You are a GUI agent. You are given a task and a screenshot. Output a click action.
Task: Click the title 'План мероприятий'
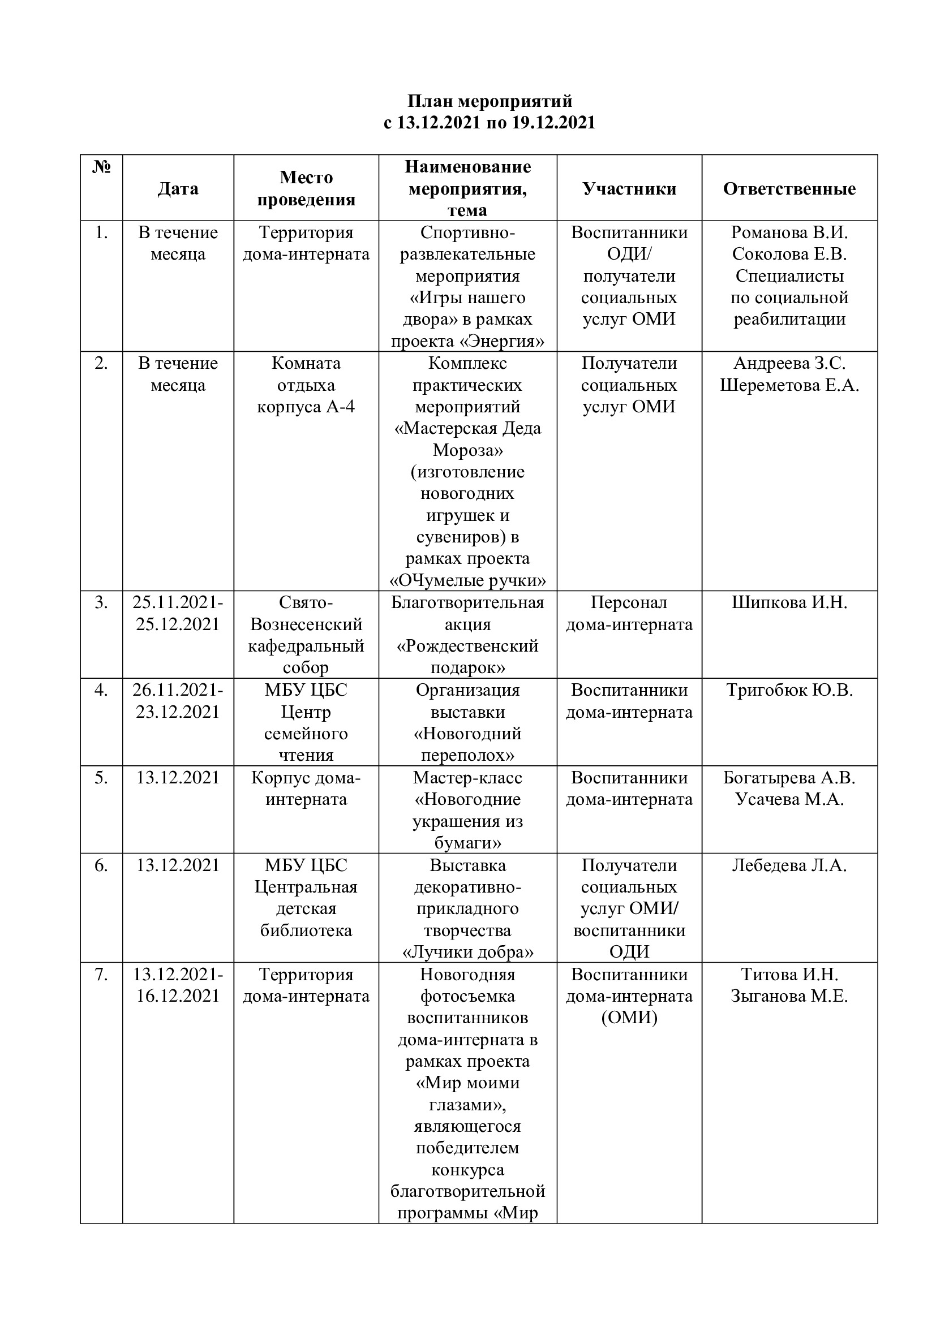coord(490,101)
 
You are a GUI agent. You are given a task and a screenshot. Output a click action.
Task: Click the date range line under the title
coord(490,123)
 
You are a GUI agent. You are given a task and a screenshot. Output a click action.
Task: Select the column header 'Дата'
coord(178,188)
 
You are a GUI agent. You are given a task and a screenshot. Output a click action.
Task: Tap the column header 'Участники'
coord(629,188)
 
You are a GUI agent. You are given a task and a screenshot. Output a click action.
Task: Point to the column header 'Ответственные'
coord(789,188)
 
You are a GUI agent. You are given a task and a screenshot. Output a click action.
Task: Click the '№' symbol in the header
coord(101,167)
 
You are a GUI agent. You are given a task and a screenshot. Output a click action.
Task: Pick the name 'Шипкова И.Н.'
coord(789,603)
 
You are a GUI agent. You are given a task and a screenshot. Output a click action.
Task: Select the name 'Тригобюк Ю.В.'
coord(789,690)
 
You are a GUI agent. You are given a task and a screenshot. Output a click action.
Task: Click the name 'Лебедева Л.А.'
coord(789,865)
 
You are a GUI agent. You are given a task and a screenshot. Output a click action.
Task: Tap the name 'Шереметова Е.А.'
coord(789,385)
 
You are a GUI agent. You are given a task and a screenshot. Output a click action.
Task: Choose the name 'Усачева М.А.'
coord(789,799)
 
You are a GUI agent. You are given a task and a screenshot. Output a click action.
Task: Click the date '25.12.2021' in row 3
coord(178,624)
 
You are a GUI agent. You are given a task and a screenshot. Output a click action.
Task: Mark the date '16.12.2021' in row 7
coord(178,996)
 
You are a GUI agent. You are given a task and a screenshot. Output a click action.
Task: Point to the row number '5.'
coord(101,778)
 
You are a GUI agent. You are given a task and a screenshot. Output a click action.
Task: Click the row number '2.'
coord(101,363)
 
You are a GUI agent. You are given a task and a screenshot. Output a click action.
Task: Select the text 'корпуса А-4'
coord(306,407)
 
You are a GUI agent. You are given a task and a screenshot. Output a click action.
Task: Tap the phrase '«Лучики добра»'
coord(467,953)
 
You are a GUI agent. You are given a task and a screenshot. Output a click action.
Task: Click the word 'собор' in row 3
coord(306,668)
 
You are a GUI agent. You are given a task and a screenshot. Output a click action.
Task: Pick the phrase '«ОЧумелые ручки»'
coord(467,580)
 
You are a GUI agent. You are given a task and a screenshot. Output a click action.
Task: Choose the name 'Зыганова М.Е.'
coord(789,996)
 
